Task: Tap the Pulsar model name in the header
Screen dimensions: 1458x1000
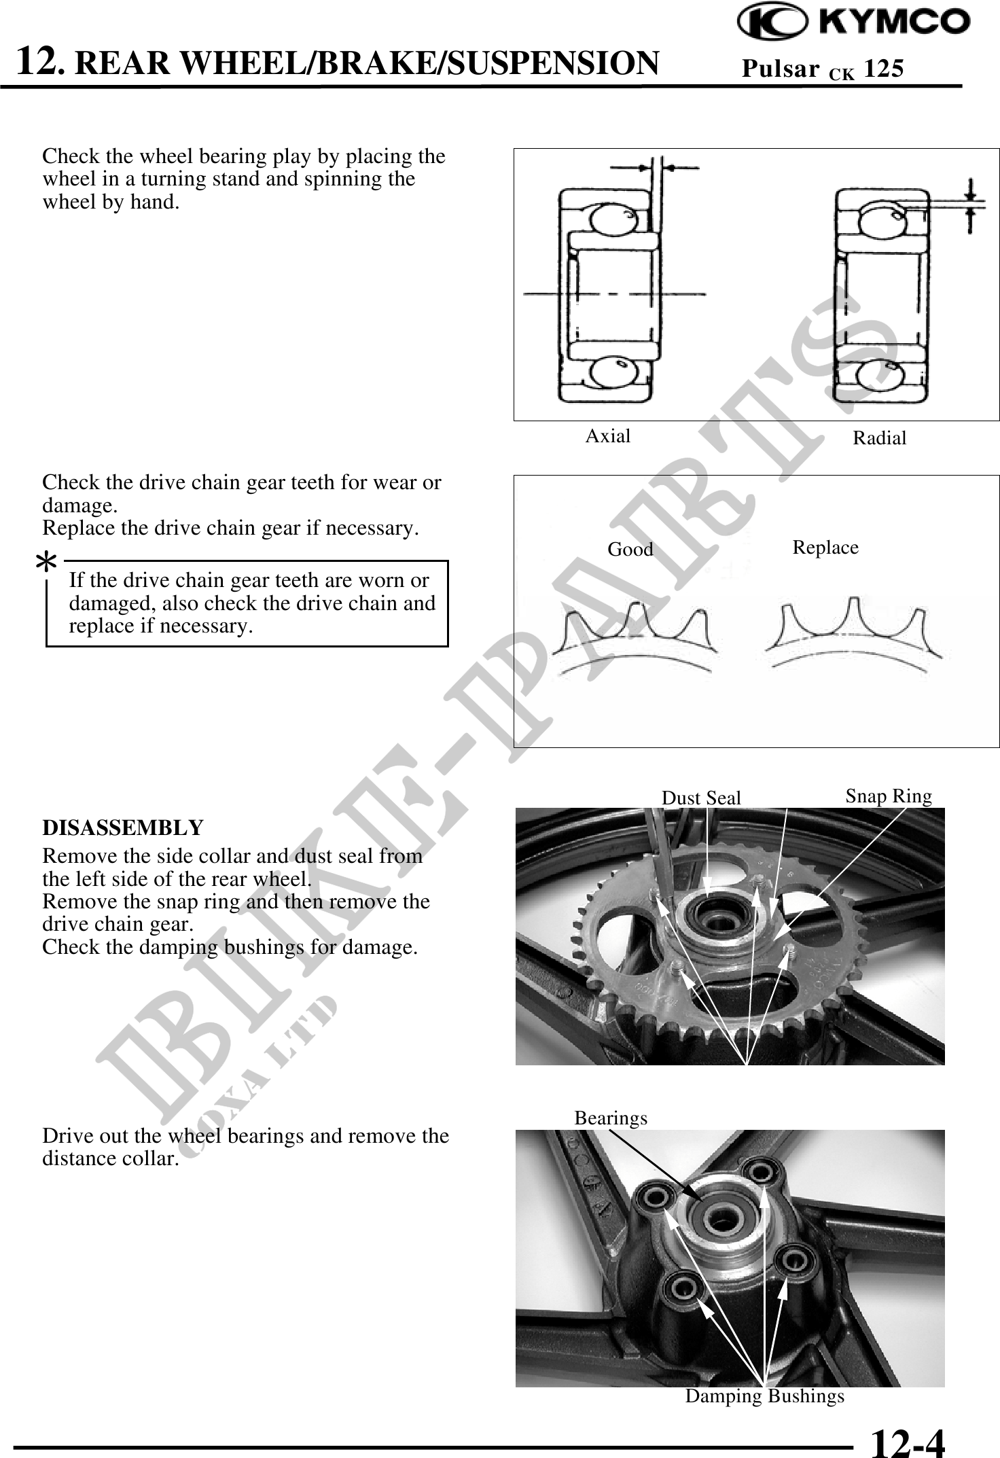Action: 779,69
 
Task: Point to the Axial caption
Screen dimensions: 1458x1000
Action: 607,436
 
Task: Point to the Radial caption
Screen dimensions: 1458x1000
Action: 879,438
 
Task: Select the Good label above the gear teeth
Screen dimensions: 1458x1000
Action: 630,549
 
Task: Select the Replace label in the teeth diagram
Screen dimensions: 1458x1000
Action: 825,548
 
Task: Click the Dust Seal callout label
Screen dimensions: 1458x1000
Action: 700,798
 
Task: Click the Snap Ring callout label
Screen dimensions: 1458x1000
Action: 888,796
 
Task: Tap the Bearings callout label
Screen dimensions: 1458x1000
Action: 610,1118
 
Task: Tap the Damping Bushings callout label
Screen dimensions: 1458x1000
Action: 764,1396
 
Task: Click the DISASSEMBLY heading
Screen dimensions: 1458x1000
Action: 122,828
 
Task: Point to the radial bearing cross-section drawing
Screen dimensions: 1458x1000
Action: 880,296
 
